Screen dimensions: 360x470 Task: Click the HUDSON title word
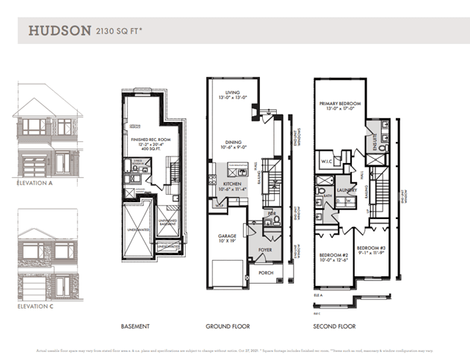tap(59, 31)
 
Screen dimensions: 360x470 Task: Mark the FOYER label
tap(264, 249)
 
